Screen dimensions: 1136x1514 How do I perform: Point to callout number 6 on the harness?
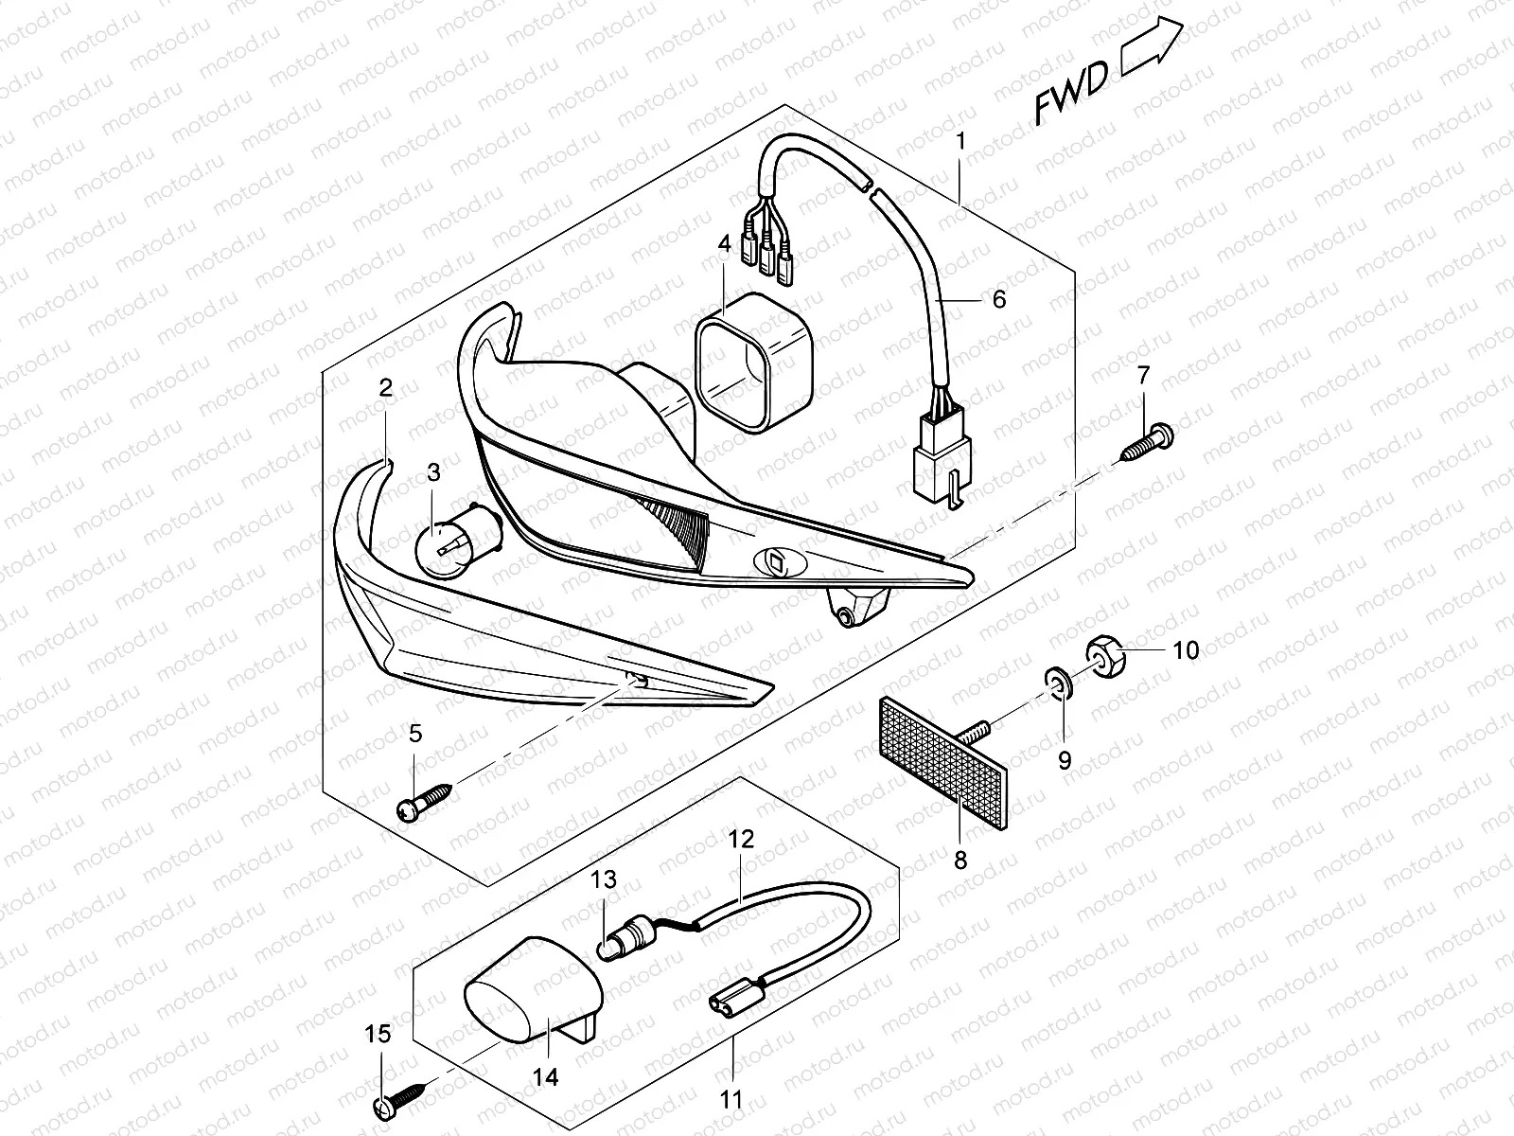click(998, 300)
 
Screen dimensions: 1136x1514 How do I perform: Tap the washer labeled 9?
click(1057, 682)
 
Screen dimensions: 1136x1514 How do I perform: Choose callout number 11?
click(731, 1100)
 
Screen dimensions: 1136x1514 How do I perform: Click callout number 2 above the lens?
click(384, 387)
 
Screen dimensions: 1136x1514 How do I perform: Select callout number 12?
click(741, 838)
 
